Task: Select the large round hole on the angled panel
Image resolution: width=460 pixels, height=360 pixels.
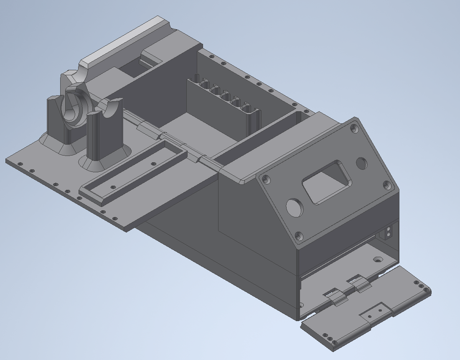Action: coord(295,207)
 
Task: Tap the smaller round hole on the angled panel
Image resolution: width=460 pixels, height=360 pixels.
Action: coord(362,163)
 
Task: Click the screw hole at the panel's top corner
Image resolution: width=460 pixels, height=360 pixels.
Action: coord(355,127)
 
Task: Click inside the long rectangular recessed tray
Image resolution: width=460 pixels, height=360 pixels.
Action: coord(134,171)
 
